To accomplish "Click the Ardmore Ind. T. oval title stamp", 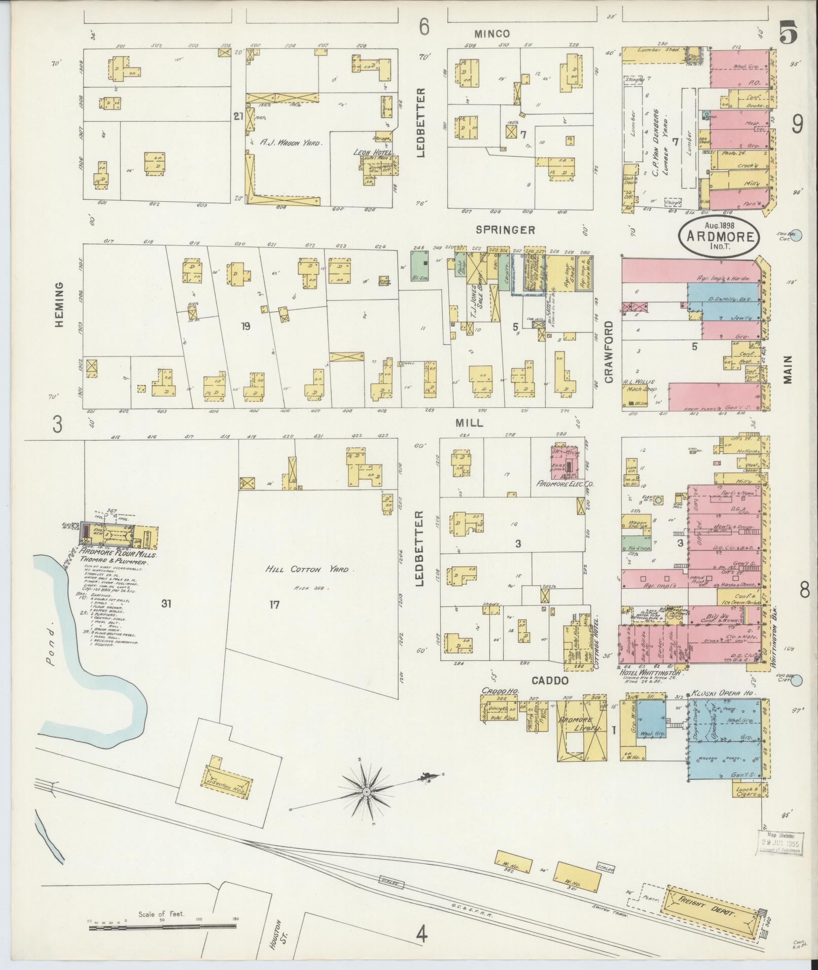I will click(720, 234).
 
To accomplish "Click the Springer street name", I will click(505, 230).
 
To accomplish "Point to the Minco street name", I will click(491, 34).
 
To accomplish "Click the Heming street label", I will click(59, 305).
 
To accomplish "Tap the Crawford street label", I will click(609, 351).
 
